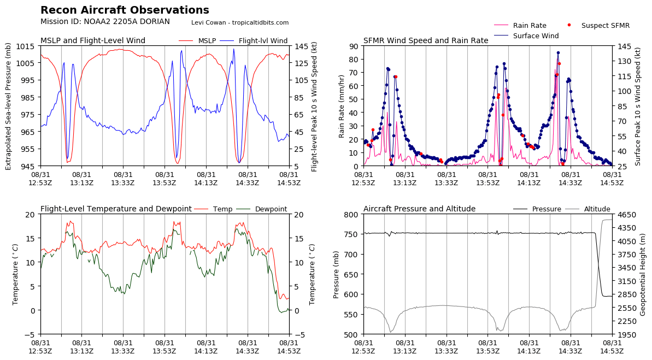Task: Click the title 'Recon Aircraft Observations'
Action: pyautogui.click(x=125, y=10)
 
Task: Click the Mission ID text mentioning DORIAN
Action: pyautogui.click(x=105, y=22)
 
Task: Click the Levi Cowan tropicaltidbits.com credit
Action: pyautogui.click(x=240, y=22)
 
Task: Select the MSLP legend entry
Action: pyautogui.click(x=207, y=40)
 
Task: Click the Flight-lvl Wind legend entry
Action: pyautogui.click(x=263, y=40)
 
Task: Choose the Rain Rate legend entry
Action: pyautogui.click(x=530, y=26)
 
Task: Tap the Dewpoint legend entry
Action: pyautogui.click(x=271, y=209)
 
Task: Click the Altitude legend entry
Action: pyautogui.click(x=597, y=209)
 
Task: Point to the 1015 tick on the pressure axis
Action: pyautogui.click(x=28, y=46)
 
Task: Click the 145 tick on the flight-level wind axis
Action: pyautogui.click(x=301, y=46)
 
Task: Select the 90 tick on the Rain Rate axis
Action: pyautogui.click(x=353, y=46)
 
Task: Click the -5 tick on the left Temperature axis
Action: pyautogui.click(x=30, y=334)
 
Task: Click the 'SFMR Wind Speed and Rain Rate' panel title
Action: pyautogui.click(x=426, y=40)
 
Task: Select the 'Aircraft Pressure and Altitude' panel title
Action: pyautogui.click(x=419, y=209)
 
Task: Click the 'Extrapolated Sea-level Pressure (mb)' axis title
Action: pyautogui.click(x=9, y=106)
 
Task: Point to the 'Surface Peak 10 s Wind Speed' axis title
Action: pyautogui.click(x=638, y=106)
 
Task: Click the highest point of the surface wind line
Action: pyautogui.click(x=558, y=53)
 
